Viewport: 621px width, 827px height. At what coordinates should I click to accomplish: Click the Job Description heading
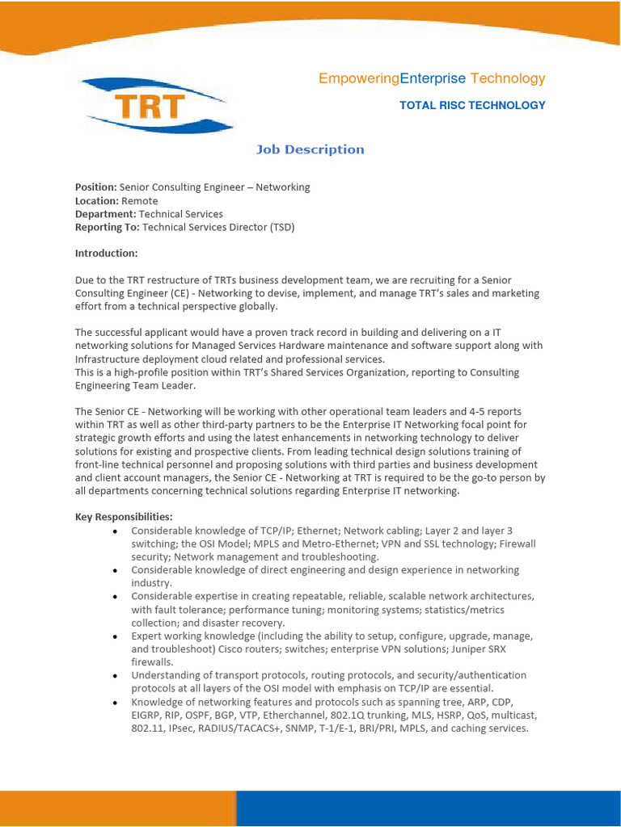point(310,149)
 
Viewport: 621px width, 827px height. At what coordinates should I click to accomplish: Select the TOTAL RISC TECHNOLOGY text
point(472,105)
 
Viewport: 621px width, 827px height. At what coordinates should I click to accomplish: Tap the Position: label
point(95,187)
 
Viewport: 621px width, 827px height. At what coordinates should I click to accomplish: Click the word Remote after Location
point(140,201)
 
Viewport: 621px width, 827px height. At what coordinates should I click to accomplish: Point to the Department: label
point(105,214)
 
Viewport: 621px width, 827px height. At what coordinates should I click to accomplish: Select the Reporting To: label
point(107,228)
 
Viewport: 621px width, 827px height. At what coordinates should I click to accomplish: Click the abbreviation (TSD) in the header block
point(282,228)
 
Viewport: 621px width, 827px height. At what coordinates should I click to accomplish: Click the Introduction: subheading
point(106,254)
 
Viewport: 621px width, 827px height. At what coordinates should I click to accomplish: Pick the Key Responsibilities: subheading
point(124,517)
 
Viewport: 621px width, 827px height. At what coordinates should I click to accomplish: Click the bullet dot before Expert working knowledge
point(116,637)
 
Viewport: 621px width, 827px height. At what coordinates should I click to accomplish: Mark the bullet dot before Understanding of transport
point(116,676)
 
